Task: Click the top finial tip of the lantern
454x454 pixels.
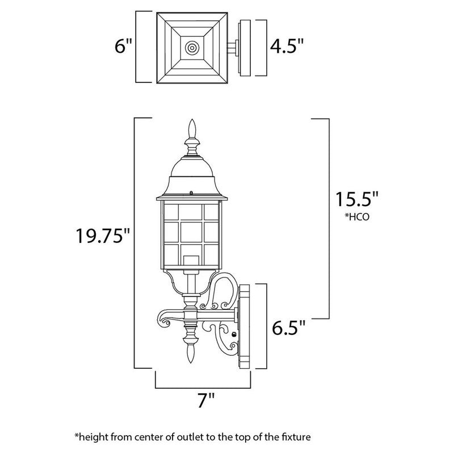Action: (191, 122)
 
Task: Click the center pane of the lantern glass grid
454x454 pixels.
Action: (191, 231)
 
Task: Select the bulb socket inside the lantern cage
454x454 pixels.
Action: (191, 262)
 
